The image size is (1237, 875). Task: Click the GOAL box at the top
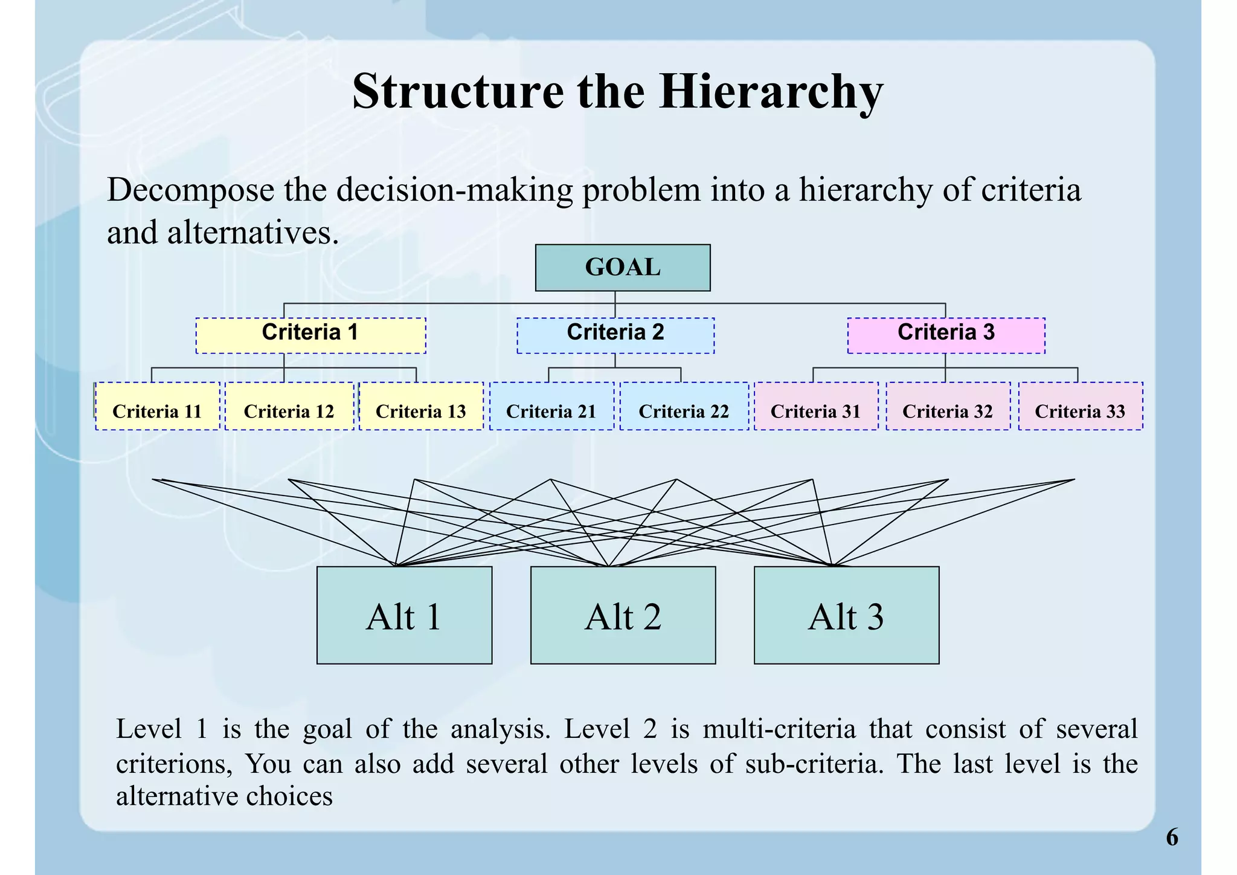(622, 268)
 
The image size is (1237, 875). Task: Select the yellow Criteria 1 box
(310, 335)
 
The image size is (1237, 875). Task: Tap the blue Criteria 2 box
(615, 335)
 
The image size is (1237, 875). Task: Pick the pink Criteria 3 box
(946, 335)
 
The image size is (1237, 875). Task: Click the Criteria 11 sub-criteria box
(157, 406)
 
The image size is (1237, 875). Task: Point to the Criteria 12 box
(289, 406)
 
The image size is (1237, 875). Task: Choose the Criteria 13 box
(421, 406)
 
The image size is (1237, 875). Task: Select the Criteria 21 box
(551, 406)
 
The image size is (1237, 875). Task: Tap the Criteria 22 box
(684, 406)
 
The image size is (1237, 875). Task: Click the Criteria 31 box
(815, 406)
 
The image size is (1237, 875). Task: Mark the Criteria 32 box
(948, 406)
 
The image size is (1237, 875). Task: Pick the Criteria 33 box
(1080, 406)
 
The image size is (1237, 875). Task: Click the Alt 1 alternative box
(404, 615)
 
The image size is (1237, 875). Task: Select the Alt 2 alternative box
(623, 615)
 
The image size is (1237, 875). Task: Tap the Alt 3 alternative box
(846, 615)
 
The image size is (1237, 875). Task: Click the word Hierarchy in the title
(771, 92)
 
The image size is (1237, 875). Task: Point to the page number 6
(1172, 838)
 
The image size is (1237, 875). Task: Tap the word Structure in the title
(457, 92)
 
